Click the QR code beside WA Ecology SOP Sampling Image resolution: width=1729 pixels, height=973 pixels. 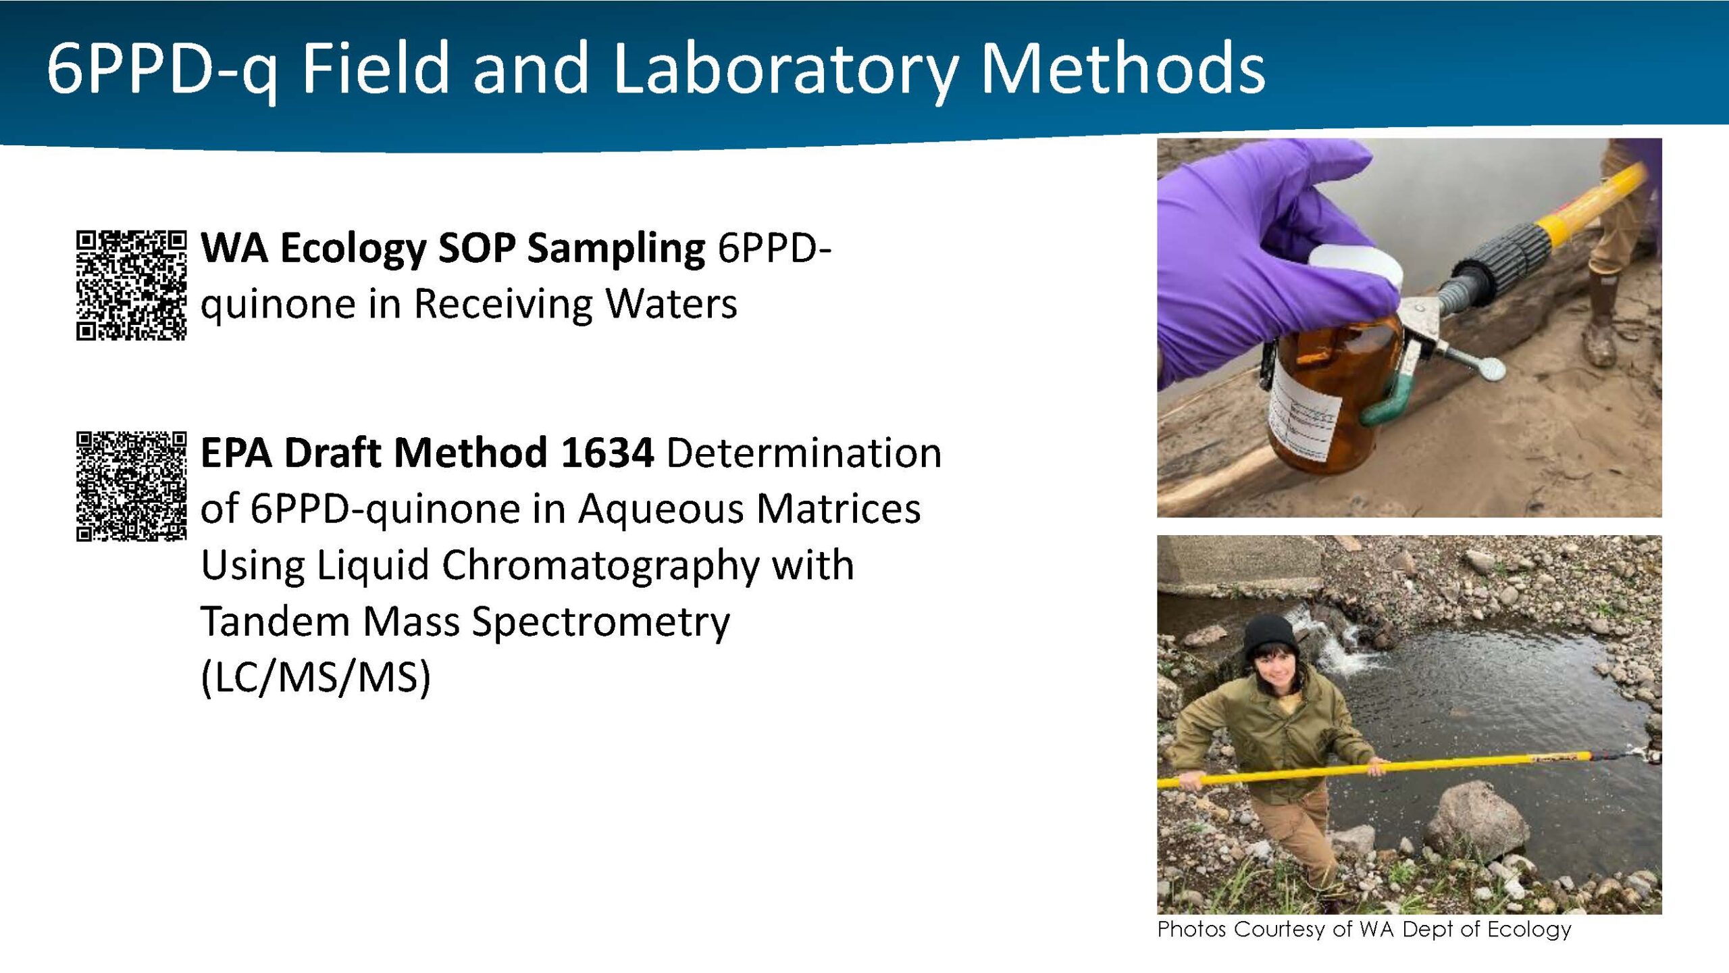click(x=131, y=285)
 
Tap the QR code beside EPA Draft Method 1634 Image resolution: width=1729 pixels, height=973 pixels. click(x=131, y=487)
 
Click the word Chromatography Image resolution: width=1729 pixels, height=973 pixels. click(x=601, y=566)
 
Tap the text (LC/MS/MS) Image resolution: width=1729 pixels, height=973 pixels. click(x=316, y=678)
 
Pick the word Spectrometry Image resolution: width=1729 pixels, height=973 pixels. click(x=601, y=622)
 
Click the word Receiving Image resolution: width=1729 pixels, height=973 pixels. click(x=502, y=304)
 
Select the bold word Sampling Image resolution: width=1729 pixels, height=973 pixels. click(x=616, y=249)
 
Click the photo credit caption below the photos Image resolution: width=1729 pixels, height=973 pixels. click(x=1364, y=930)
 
